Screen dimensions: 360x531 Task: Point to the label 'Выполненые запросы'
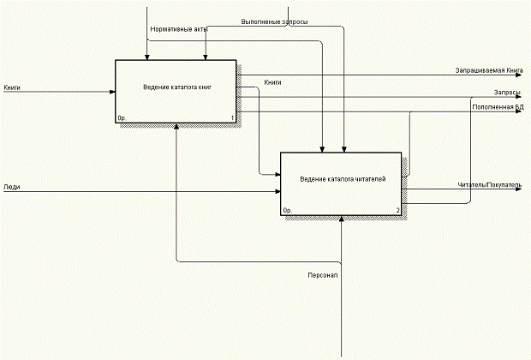coord(275,21)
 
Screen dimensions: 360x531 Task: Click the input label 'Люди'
coord(12,186)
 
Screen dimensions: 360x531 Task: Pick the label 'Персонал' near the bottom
coord(324,275)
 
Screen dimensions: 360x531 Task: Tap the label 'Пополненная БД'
coord(498,106)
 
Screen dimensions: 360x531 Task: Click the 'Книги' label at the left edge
coord(12,87)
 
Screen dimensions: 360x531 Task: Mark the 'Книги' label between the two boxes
coord(273,82)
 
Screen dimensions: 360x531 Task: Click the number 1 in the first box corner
coord(232,117)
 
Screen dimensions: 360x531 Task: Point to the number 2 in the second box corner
coord(397,210)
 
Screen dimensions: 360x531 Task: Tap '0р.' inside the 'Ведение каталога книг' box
coord(122,117)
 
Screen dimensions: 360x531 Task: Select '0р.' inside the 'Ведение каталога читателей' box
coord(288,210)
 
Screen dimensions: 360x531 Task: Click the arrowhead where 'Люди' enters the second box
coord(277,190)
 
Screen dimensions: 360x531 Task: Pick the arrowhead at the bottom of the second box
coord(341,219)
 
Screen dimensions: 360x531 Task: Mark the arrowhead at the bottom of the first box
coord(176,125)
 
